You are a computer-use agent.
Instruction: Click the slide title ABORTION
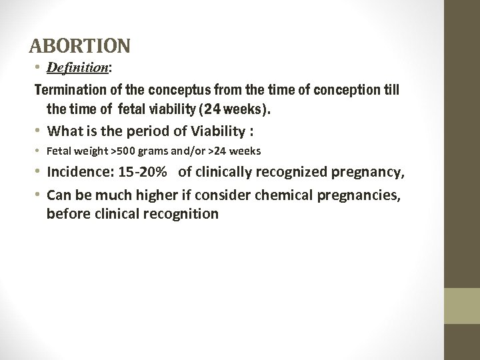tap(80, 46)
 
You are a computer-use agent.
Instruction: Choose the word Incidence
tap(77, 174)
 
